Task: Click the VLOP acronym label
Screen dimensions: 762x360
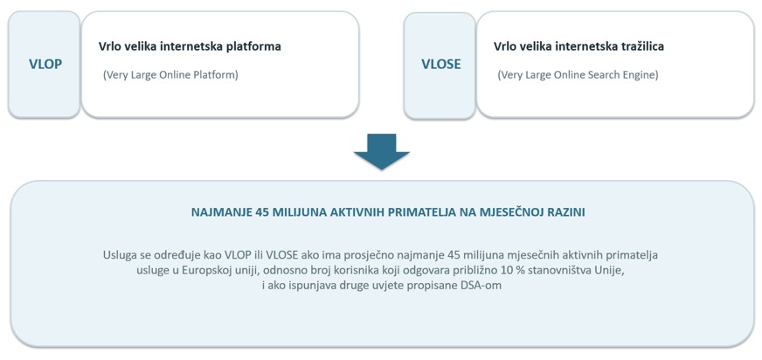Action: (45, 64)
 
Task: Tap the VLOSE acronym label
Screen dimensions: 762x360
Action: (440, 64)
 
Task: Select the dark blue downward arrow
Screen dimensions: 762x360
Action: (382, 151)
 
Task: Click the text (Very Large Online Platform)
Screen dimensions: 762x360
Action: (170, 76)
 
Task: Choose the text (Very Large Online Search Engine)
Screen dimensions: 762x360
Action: (578, 76)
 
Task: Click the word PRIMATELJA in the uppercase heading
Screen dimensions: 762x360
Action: (417, 213)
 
